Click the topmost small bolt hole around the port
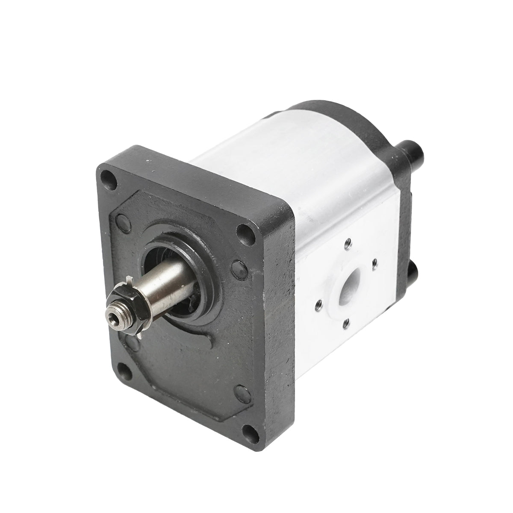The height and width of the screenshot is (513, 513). click(x=349, y=242)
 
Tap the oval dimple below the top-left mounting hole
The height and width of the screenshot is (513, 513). click(x=121, y=222)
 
